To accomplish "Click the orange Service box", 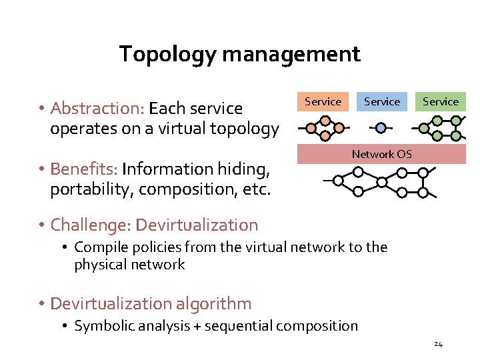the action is coord(323,102).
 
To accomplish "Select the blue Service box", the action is coord(382,102).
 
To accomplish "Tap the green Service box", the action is coord(441,102).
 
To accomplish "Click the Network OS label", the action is coord(382,154).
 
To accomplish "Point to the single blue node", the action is coord(380,127).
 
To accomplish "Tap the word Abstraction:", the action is coord(97,108).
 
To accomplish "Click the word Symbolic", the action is coord(99,326).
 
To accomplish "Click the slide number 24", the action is coord(438,344).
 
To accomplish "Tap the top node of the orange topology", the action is coord(325,121).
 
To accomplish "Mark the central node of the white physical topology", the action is coord(382,181).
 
